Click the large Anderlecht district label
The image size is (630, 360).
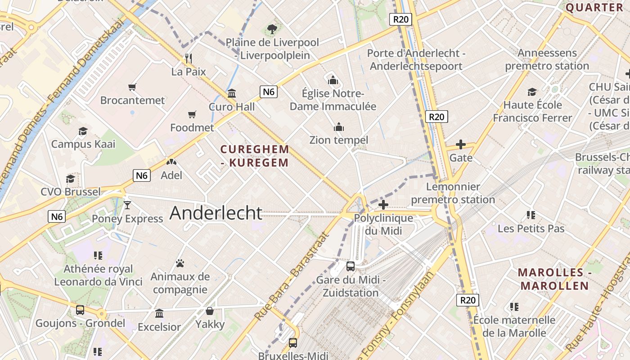(x=216, y=213)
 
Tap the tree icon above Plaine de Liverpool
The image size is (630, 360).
(x=272, y=30)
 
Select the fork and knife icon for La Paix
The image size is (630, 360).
(x=189, y=58)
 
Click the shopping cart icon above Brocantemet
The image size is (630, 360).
(x=132, y=87)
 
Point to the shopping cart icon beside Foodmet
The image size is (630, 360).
(x=192, y=115)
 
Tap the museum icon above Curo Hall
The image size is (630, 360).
(x=232, y=94)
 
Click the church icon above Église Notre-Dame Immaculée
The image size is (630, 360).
(x=333, y=80)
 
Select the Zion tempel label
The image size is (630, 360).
(x=338, y=140)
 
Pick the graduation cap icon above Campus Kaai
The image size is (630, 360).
(x=83, y=131)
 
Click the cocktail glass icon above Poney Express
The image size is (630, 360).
(x=127, y=205)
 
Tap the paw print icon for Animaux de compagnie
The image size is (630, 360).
(x=180, y=263)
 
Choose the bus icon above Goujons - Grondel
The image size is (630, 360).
(x=80, y=310)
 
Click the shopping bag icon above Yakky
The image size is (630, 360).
(x=210, y=311)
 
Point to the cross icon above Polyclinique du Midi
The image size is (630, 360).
(x=383, y=205)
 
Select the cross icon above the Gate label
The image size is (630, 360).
(x=460, y=144)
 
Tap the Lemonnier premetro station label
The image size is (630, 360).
(x=453, y=193)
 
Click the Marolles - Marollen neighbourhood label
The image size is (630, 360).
(x=553, y=279)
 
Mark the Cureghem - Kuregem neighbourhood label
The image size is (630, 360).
(x=255, y=156)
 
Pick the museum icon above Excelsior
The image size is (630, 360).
(x=159, y=313)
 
